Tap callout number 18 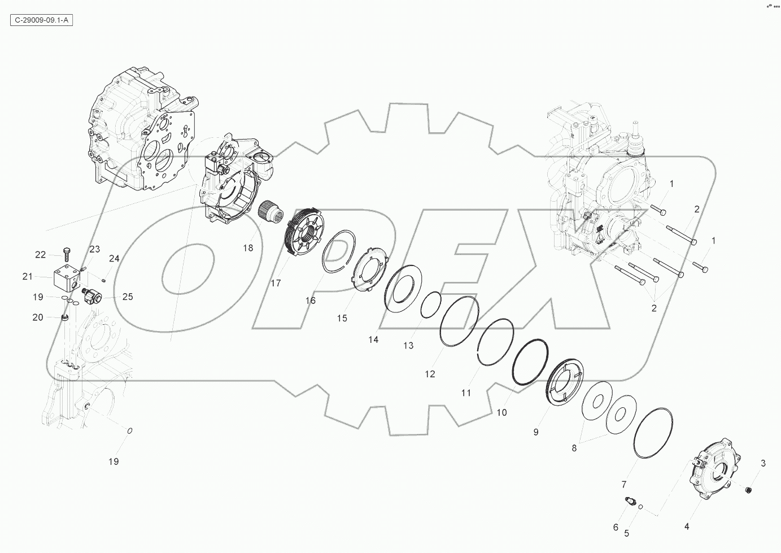pyautogui.click(x=247, y=247)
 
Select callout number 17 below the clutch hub pyautogui.click(x=276, y=283)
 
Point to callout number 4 pyautogui.click(x=687, y=526)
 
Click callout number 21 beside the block pyautogui.click(x=28, y=276)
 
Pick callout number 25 pyautogui.click(x=128, y=296)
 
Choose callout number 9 pyautogui.click(x=535, y=432)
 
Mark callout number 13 pyautogui.click(x=408, y=345)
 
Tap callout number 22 pyautogui.click(x=40, y=255)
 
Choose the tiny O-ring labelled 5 pyautogui.click(x=640, y=507)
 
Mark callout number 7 pyautogui.click(x=624, y=484)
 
